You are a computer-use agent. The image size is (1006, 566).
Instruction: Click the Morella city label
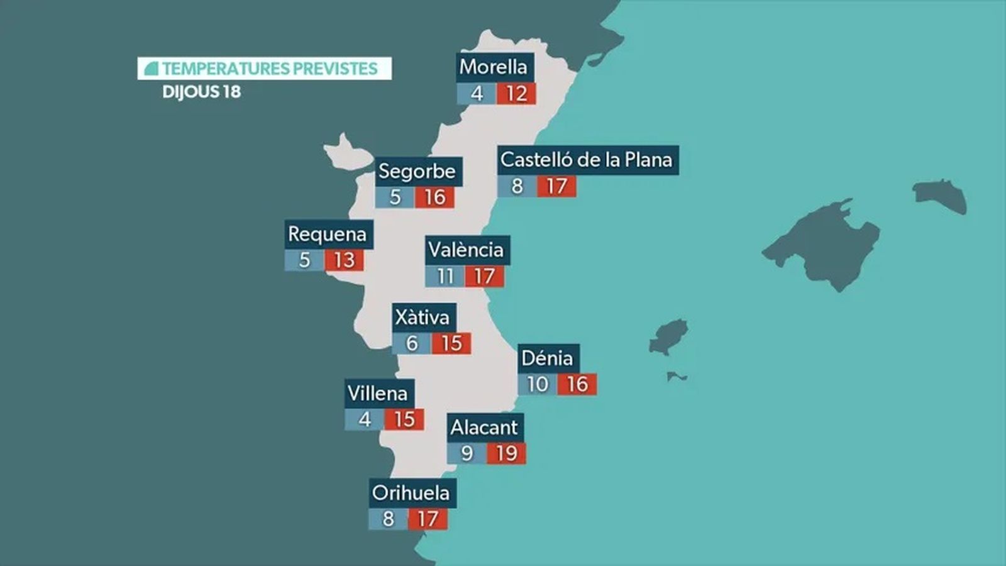493,67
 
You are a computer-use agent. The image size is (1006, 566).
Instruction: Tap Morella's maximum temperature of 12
516,94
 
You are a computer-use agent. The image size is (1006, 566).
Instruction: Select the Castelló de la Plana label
586,160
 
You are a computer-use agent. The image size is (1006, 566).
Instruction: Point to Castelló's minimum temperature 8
517,186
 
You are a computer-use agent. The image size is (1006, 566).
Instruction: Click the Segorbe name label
417,171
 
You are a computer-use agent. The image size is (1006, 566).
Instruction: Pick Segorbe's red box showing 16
434,197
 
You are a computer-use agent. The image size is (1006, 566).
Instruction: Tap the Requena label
327,234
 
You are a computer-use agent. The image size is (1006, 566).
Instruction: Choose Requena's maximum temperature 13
345,260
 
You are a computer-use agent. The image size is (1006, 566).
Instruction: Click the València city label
466,250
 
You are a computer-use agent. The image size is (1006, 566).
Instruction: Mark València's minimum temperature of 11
445,276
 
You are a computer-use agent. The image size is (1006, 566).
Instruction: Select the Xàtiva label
422,318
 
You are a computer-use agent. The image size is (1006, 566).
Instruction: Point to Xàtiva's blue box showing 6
412,343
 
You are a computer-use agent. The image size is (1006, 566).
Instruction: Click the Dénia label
547,358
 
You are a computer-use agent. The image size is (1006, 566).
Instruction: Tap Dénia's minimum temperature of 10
538,384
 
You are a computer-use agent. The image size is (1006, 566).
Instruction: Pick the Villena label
378,394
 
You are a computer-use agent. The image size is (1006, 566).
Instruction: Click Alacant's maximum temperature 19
506,453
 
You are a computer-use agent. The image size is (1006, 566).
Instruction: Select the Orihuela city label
411,492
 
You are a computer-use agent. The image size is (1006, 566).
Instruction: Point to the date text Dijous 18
202,92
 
